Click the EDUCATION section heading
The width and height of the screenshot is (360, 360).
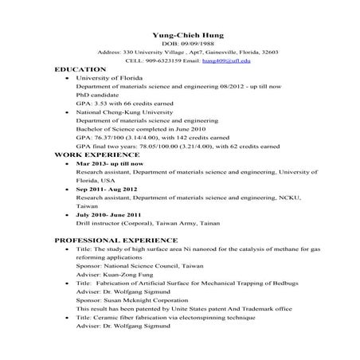[80, 70]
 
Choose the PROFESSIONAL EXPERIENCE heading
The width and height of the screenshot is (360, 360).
[116, 240]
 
